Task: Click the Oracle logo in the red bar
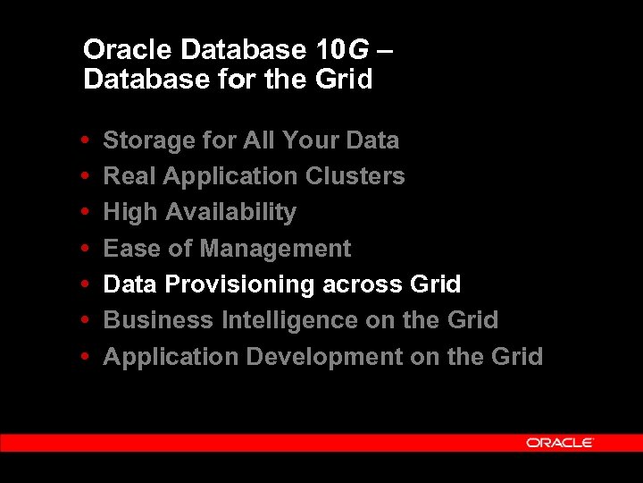[560, 443]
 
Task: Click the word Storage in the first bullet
[137, 140]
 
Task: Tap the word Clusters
[355, 176]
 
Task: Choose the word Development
[324, 357]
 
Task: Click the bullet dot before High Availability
[83, 213]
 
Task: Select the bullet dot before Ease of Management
[83, 249]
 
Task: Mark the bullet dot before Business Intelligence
[83, 320]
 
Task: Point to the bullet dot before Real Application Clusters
[83, 176]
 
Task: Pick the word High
[129, 213]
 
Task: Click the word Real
[129, 176]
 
